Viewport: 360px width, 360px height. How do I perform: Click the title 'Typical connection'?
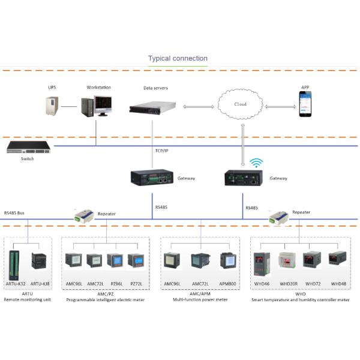[178, 59]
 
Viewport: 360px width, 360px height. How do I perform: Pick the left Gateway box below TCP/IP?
[152, 178]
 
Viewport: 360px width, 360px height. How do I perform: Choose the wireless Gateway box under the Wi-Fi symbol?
[244, 178]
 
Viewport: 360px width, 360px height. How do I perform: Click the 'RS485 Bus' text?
[14, 212]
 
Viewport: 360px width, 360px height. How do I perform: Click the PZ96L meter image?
[115, 262]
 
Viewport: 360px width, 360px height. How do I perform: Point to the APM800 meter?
[227, 262]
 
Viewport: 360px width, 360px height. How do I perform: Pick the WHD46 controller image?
[262, 262]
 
